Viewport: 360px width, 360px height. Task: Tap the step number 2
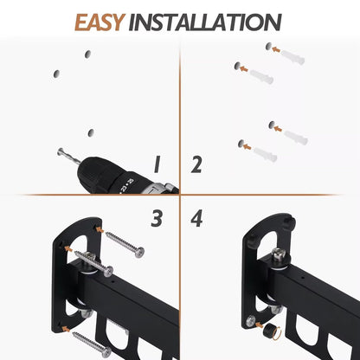pyautogui.click(x=196, y=164)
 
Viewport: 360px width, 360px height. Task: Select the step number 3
pyautogui.click(x=157, y=218)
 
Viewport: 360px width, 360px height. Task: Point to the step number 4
pyautogui.click(x=196, y=218)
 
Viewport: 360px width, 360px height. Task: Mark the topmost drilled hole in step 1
pyautogui.click(x=87, y=55)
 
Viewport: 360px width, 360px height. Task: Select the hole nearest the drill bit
pyautogui.click(x=89, y=132)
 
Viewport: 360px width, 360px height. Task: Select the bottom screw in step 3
pyautogui.click(x=92, y=344)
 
